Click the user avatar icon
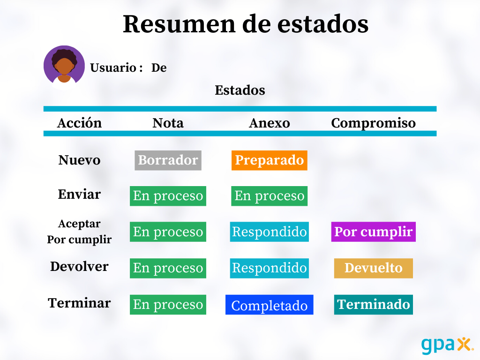point(64,66)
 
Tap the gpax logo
point(447,345)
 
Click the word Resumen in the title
point(179,24)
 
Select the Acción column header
point(79,123)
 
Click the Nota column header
point(168,123)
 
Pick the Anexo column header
point(270,123)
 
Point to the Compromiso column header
point(374,123)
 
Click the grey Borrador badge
point(168,160)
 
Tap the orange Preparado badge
point(270,160)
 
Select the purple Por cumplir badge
point(374,232)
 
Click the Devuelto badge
point(374,268)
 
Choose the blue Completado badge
point(270,305)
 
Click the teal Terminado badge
point(374,305)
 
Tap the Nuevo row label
point(79,160)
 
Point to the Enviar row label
point(79,194)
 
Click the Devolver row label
point(79,266)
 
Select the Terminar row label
point(79,303)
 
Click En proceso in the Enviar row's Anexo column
point(270,196)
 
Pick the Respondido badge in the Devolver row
point(270,268)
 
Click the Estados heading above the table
point(240,90)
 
